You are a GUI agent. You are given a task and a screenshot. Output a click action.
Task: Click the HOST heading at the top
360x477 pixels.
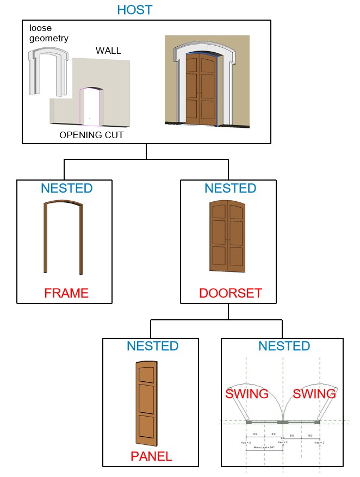pos(135,10)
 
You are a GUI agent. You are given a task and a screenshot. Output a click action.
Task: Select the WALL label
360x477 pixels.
pos(108,51)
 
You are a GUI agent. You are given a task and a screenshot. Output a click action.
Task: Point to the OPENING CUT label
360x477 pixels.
pos(91,135)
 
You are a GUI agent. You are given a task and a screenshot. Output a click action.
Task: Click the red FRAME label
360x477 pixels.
pos(66,294)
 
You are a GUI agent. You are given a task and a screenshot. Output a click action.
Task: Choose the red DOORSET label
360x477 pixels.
pos(231,294)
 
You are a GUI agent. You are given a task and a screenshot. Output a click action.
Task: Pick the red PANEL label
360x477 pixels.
pos(152,457)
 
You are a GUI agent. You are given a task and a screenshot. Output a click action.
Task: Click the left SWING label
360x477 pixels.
pos(247,394)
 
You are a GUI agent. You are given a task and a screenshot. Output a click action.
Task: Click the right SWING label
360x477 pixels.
pos(314,394)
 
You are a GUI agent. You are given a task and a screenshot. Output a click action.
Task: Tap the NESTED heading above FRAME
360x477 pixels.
pos(66,189)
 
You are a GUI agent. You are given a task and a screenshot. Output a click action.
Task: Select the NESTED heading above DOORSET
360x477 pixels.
pos(230,189)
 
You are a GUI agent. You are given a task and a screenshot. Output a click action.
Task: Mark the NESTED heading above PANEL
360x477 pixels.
pos(152,346)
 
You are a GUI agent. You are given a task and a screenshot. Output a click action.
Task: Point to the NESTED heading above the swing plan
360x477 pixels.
pos(284,346)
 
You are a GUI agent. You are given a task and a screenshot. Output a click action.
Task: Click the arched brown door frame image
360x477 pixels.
pos(63,237)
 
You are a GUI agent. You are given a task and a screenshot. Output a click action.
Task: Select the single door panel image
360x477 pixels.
pos(145,402)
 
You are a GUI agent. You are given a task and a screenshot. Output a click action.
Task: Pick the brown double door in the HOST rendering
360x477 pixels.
pos(201,88)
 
